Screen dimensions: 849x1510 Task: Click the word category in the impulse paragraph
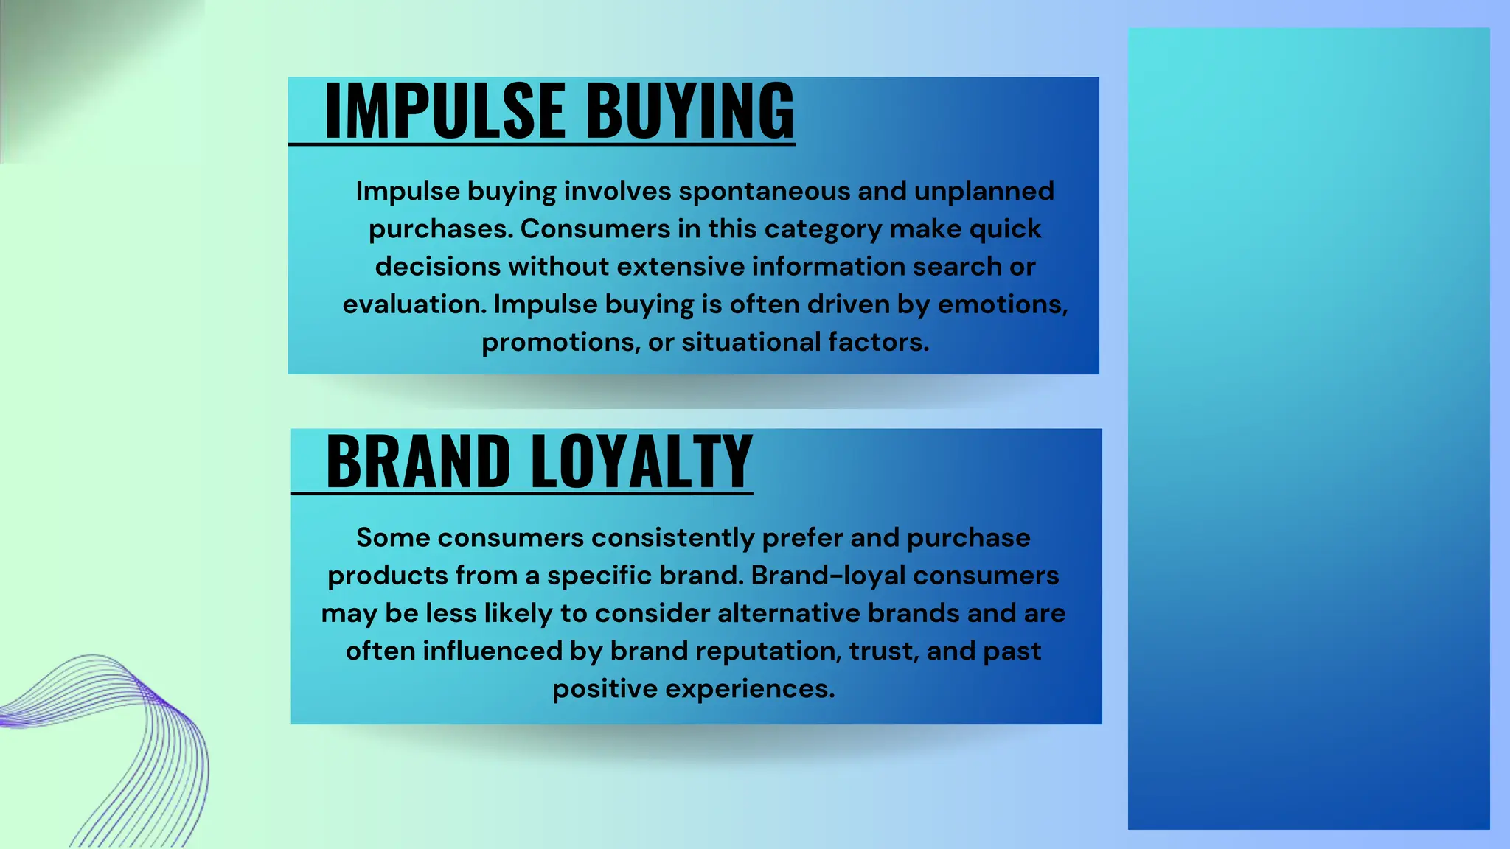823,229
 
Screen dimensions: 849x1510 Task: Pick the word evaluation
414,304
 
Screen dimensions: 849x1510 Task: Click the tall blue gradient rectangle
1308,427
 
